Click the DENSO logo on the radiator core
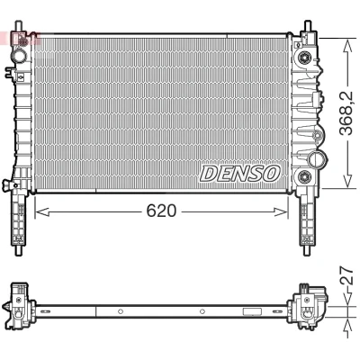tap(240, 174)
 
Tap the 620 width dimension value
tap(161, 211)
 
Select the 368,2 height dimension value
tap(347, 113)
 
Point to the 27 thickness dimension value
tap(347, 275)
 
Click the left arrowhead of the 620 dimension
tap(41, 211)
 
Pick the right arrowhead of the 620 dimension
tap(281, 211)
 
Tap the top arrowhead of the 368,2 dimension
tap(347, 46)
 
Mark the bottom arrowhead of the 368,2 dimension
tap(347, 182)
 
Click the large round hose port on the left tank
tap(20, 56)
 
